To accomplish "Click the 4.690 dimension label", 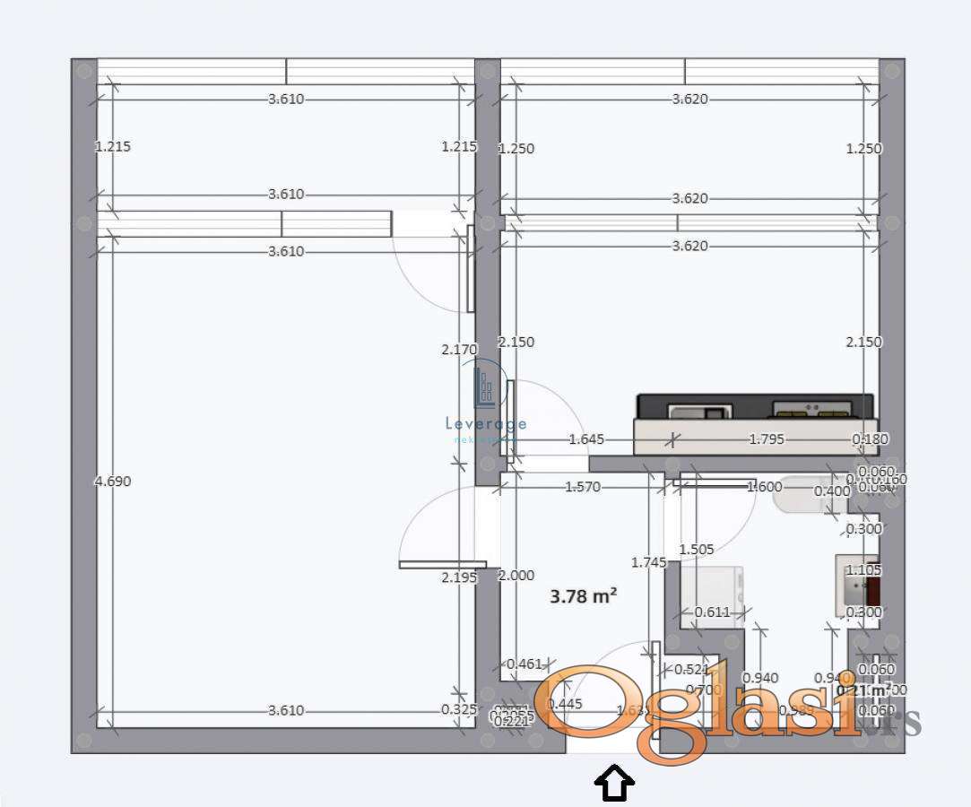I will pos(113,482).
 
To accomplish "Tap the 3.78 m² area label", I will pos(583,595).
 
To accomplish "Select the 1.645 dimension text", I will pos(586,439).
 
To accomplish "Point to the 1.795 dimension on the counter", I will pos(767,439).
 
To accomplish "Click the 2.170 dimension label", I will pos(459,350).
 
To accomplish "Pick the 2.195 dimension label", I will pos(459,578).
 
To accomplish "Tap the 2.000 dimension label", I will pos(516,576).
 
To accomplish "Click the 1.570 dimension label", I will pos(583,487).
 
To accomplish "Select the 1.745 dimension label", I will pos(648,562).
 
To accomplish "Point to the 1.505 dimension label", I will pos(697,550).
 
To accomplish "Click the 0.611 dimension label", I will pos(713,612).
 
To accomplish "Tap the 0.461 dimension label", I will pos(525,664).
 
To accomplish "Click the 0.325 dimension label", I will pos(459,709).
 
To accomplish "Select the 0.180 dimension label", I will pos(869,439).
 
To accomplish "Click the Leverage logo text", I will pos(486,424).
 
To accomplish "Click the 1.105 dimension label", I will pos(864,570).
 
